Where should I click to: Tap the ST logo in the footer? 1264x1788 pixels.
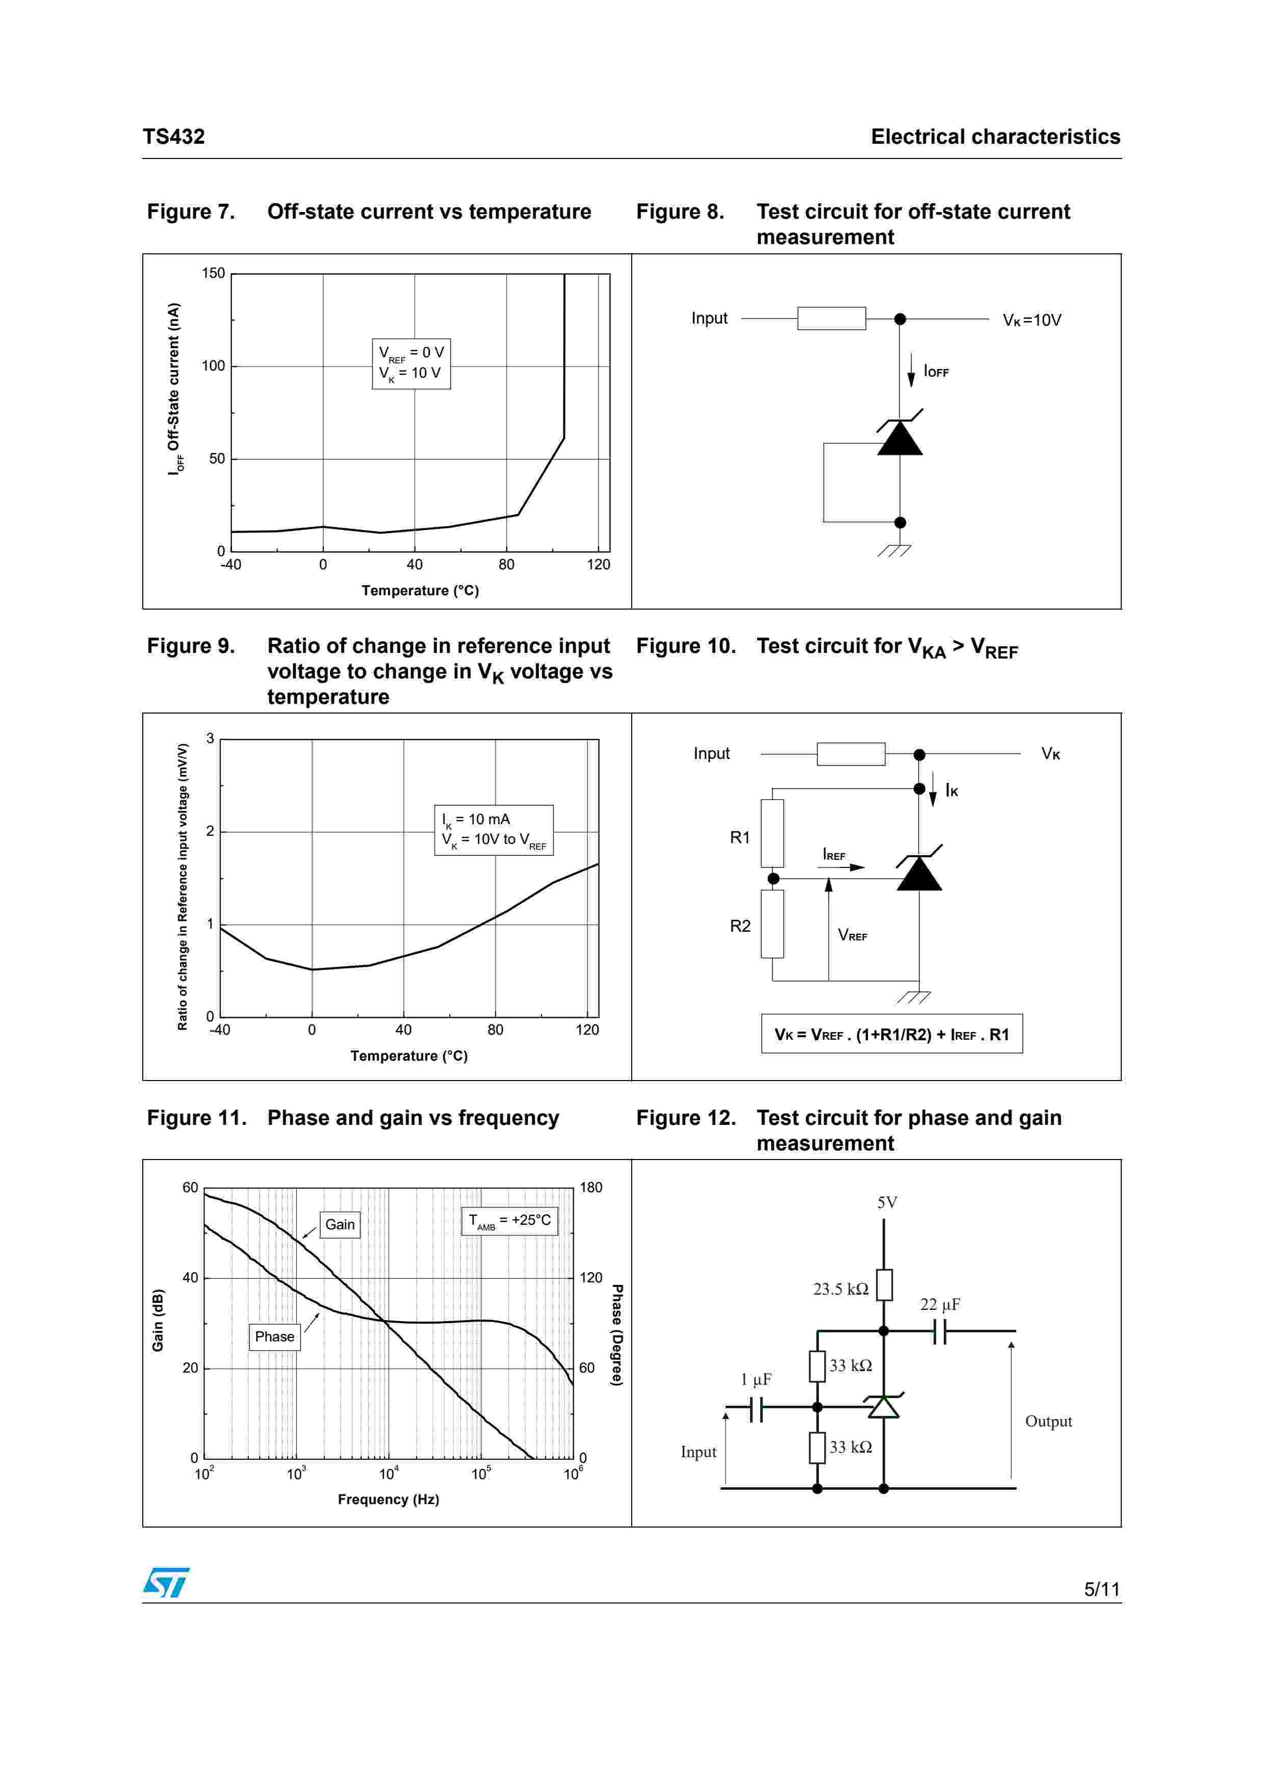click(166, 1582)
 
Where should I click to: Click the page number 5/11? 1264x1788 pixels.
click(1101, 1589)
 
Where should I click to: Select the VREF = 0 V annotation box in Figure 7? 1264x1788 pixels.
click(411, 364)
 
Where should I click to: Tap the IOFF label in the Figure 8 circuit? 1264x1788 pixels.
click(936, 372)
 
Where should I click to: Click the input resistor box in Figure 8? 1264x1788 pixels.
click(831, 319)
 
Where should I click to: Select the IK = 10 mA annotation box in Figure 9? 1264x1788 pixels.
click(494, 830)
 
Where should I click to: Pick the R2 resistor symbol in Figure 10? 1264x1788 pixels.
click(772, 924)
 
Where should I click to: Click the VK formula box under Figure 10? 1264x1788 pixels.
click(892, 1034)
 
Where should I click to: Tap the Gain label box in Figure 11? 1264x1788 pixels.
click(340, 1224)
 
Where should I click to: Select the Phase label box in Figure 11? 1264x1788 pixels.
click(274, 1336)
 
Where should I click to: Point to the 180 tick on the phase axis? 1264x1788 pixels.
click(591, 1188)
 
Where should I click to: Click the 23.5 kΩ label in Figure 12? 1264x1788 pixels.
click(840, 1289)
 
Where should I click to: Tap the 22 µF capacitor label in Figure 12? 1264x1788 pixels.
click(940, 1304)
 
